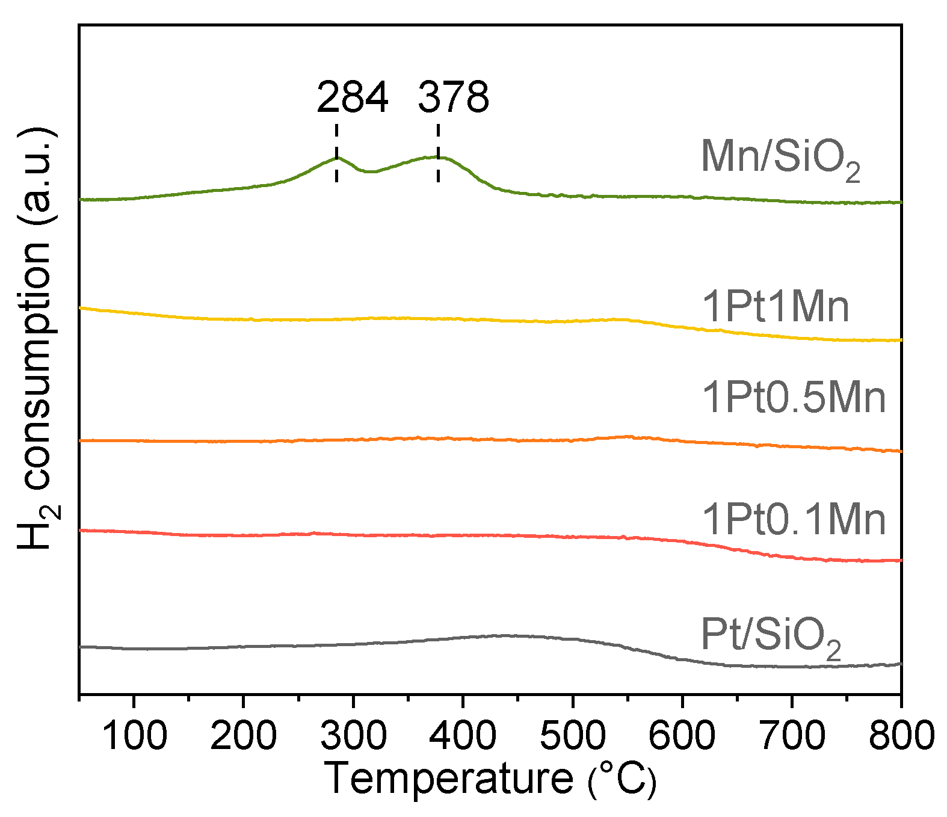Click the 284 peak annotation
point(353,97)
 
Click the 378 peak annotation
point(454,97)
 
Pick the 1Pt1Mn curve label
point(776,307)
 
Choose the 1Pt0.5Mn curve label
point(794,398)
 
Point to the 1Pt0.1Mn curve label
point(794,519)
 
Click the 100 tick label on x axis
point(134,735)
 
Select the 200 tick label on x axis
point(243,735)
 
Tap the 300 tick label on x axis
point(353,735)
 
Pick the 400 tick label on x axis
point(463,735)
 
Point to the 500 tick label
point(573,735)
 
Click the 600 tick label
point(682,735)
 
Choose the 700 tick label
point(792,735)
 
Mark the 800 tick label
point(901,735)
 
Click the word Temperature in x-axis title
point(449,779)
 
